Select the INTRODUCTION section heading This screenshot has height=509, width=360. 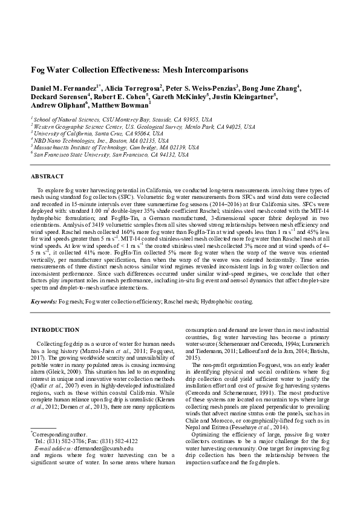pos(54,329)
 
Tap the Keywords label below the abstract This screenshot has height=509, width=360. pos(43,301)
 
